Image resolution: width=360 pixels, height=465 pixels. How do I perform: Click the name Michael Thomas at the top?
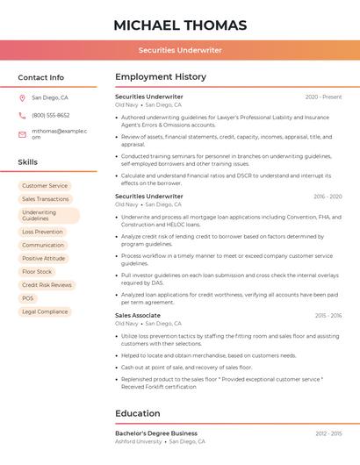coord(180,25)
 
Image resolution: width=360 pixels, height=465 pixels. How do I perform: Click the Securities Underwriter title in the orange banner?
coord(180,50)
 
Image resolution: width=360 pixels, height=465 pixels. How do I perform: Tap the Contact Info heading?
coord(40,77)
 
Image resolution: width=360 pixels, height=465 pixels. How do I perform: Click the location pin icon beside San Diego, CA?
coord(22,98)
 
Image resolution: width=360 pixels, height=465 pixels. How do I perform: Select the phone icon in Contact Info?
coord(22,115)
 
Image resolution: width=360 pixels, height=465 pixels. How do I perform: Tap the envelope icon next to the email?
coord(22,134)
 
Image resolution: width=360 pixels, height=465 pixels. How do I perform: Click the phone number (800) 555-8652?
coord(50,115)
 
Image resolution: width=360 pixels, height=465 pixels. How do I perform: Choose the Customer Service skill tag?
coord(45,186)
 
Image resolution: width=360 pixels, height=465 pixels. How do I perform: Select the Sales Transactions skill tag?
coord(46,199)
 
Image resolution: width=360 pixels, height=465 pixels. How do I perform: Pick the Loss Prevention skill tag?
coord(42,232)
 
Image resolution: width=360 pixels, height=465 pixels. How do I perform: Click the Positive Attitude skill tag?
coord(44,259)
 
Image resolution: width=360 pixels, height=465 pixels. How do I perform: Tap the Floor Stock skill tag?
coord(37,272)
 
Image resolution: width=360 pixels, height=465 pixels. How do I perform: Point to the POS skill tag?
coord(28,298)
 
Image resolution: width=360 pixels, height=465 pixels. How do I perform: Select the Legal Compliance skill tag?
coord(45,311)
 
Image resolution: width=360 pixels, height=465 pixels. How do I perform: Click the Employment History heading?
coord(161,77)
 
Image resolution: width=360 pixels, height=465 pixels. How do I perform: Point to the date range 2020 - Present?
coord(323,97)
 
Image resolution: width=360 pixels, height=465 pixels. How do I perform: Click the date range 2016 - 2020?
coord(328,197)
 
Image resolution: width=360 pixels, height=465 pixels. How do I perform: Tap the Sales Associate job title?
coord(138,315)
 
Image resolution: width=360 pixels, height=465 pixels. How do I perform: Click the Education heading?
coord(138,413)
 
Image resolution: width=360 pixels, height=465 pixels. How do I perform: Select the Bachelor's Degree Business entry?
coord(156,433)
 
